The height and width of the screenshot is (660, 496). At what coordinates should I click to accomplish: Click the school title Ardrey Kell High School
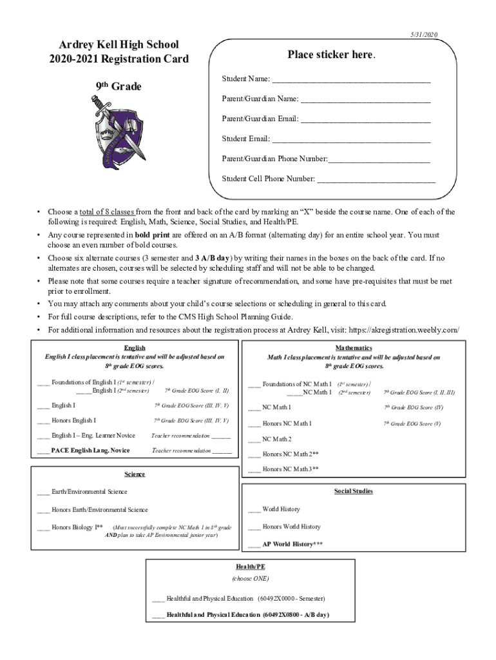click(119, 44)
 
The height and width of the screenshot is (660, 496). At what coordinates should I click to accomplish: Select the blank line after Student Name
click(351, 80)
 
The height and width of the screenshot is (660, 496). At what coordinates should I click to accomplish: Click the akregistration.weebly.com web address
click(414, 330)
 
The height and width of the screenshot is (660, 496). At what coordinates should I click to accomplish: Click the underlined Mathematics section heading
click(354, 347)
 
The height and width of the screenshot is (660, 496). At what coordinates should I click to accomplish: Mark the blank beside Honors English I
click(43, 421)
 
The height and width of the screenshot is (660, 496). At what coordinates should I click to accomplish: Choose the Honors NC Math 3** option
click(291, 469)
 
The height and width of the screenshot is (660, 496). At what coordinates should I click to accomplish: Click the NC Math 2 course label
click(277, 440)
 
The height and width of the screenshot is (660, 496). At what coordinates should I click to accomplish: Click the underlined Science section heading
click(135, 474)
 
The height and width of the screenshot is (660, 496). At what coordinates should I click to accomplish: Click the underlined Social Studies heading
click(353, 491)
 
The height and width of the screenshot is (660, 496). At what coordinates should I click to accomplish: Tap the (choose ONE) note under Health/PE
click(251, 578)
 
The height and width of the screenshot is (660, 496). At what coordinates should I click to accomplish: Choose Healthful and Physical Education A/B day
click(247, 615)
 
